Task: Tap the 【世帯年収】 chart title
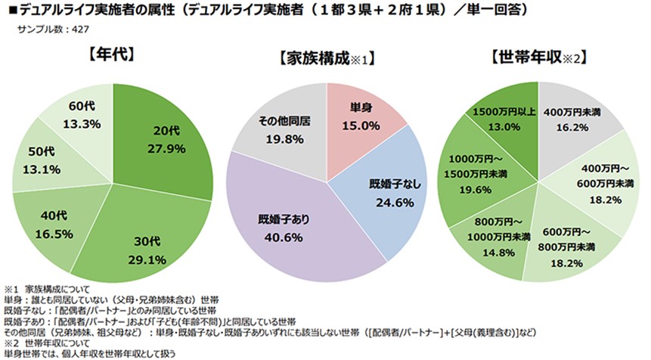pos(539,57)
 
